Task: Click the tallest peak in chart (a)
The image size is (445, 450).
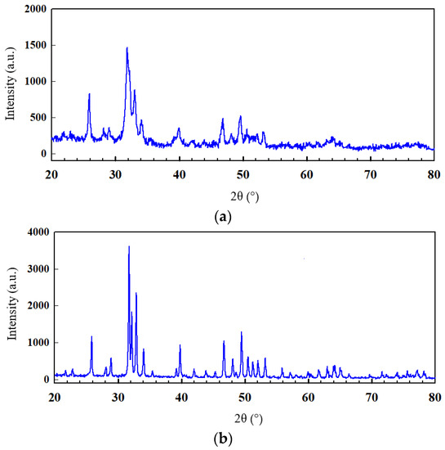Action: pos(127,48)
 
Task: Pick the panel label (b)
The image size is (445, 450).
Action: pos(223,439)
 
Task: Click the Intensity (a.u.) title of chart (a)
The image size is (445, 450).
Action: pos(11,82)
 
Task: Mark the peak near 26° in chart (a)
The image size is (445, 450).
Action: pos(89,94)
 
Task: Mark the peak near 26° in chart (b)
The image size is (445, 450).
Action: pos(91,336)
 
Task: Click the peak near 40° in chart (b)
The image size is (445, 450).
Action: pos(180,345)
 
